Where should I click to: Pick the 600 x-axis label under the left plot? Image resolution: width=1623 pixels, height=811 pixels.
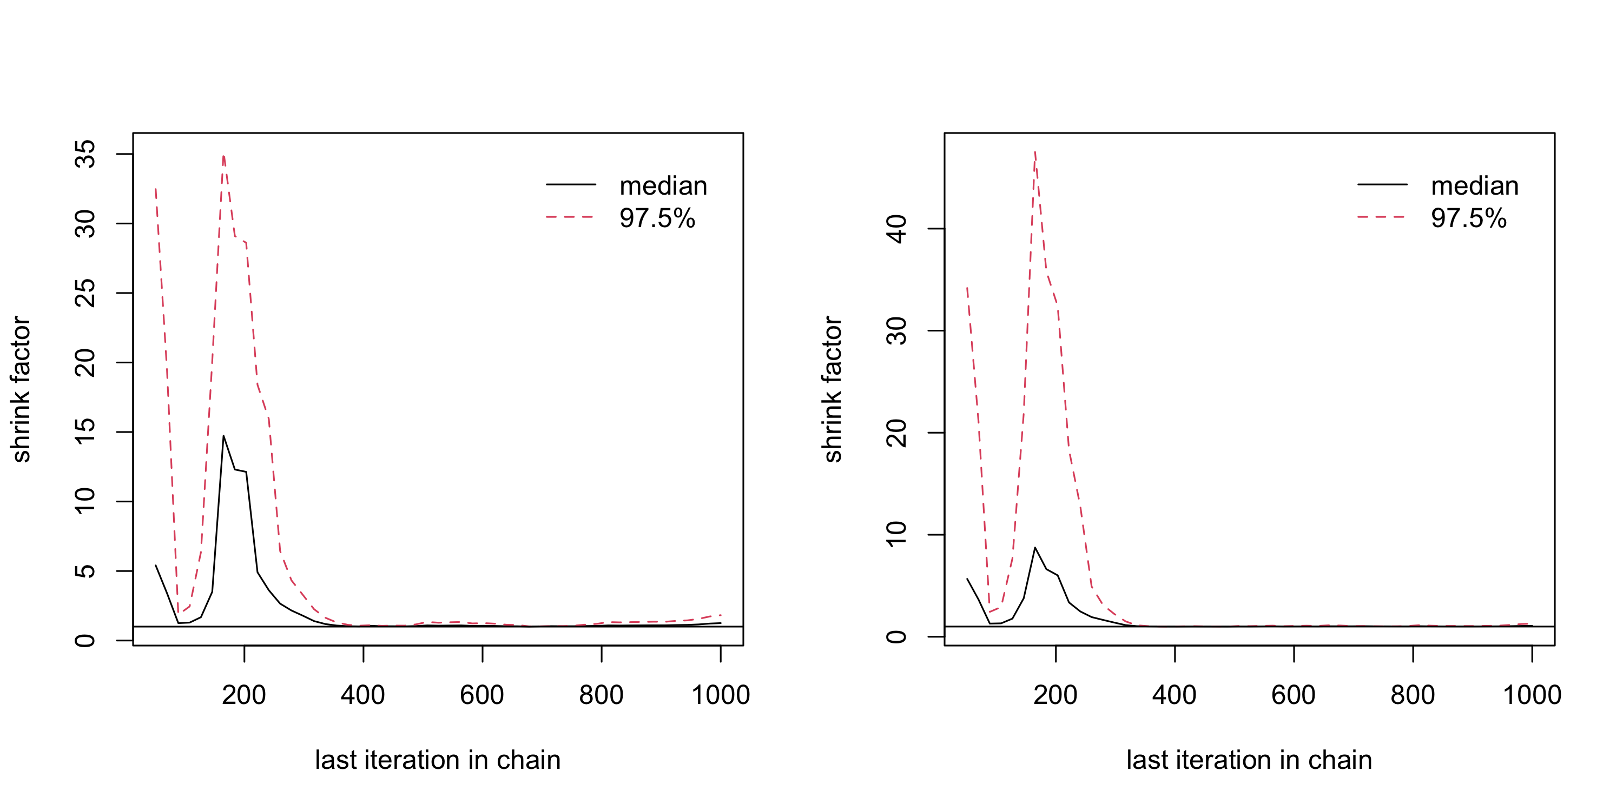[x=482, y=695]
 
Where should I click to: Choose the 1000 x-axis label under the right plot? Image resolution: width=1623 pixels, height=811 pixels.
[x=1532, y=695]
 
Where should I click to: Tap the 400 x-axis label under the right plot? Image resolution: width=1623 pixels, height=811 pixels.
[x=1175, y=695]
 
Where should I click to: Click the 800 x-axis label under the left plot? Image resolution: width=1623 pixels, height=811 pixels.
[x=601, y=695]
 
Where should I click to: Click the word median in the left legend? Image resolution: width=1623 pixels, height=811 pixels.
[x=663, y=186]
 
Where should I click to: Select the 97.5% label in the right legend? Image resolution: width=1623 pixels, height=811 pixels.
[x=1468, y=218]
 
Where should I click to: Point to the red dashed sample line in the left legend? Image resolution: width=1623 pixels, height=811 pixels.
[x=570, y=217]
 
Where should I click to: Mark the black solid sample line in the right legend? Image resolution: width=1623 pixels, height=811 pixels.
[x=1382, y=184]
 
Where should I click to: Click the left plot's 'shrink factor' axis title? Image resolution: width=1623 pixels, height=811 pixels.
[x=21, y=389]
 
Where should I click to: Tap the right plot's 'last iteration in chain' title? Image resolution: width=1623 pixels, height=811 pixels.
[x=1249, y=760]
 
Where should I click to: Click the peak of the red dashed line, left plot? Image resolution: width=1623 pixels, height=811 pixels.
[x=223, y=156]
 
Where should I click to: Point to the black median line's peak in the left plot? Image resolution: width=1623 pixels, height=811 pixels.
[x=223, y=436]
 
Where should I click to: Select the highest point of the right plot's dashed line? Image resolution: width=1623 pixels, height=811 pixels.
[x=1035, y=152]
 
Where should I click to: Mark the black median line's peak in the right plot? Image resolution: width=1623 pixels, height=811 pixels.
[x=1034, y=548]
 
